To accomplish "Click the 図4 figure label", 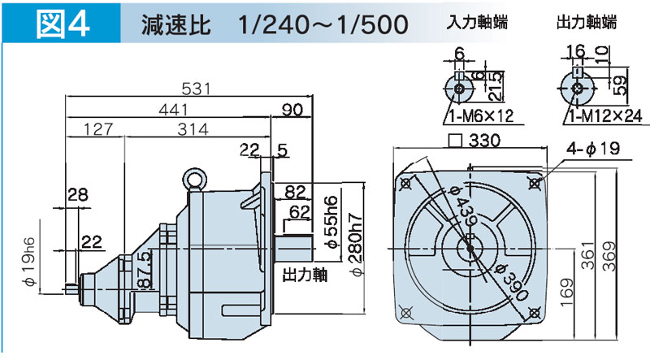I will click(63, 23).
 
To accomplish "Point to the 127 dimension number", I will click(97, 129).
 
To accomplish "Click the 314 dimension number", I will click(193, 129).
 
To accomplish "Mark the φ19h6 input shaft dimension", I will click(29, 265).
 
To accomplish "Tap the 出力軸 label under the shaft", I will click(304, 275).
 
